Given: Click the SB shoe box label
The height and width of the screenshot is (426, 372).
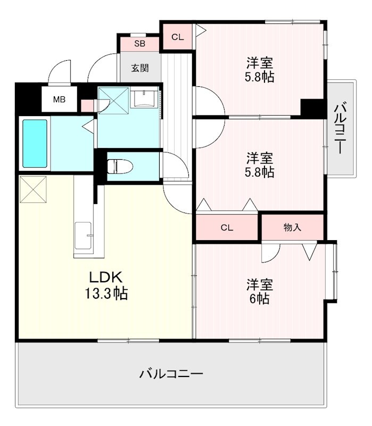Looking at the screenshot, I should pyautogui.click(x=139, y=44).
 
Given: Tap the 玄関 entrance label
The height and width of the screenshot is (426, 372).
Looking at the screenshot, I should pyautogui.click(x=139, y=68).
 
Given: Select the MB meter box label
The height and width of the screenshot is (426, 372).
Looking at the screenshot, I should pyautogui.click(x=59, y=100).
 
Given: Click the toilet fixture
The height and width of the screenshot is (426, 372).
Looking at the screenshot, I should pyautogui.click(x=118, y=166).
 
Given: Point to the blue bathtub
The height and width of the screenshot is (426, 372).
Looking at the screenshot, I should pyautogui.click(x=35, y=144).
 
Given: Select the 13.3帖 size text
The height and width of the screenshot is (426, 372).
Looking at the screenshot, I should pyautogui.click(x=108, y=293).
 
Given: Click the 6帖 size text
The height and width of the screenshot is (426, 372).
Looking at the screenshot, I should pyautogui.click(x=259, y=299).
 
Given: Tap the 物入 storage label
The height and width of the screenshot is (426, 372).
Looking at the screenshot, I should pyautogui.click(x=292, y=227).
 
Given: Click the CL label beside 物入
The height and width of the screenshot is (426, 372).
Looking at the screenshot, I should pyautogui.click(x=227, y=228).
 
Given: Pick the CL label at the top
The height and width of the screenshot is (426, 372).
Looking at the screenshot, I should pyautogui.click(x=178, y=37).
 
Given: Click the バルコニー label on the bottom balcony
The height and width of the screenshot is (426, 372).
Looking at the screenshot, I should pyautogui.click(x=171, y=374).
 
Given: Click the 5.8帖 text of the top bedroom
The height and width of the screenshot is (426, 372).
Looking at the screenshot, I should pyautogui.click(x=259, y=77).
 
